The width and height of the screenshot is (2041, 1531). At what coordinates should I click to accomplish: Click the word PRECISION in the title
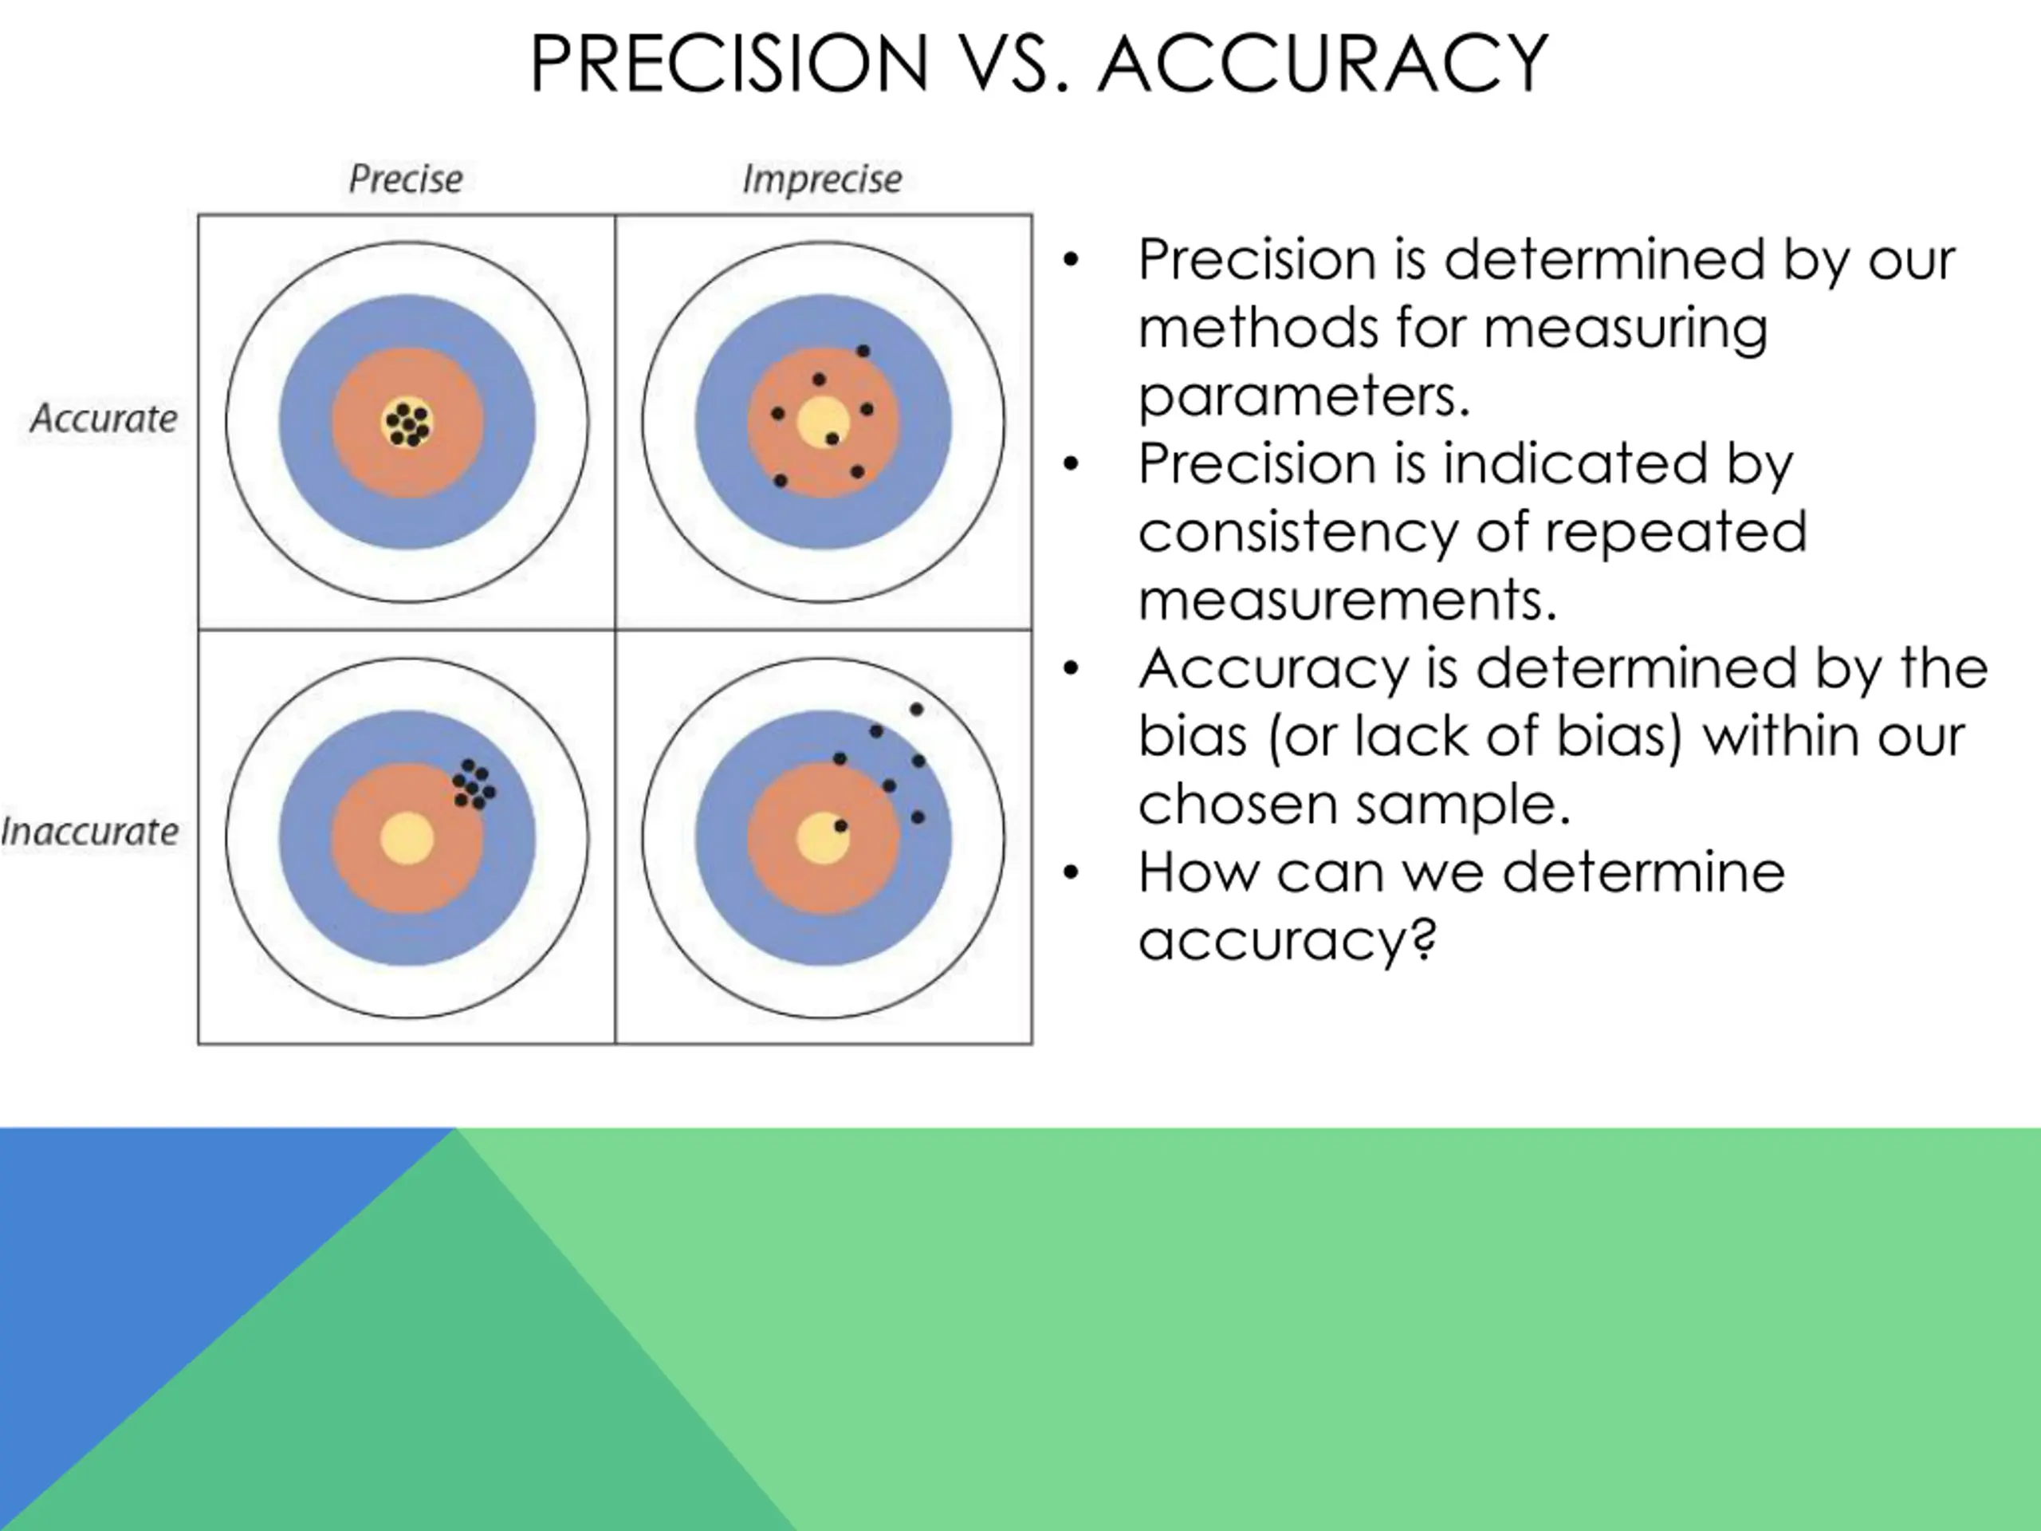pos(728,64)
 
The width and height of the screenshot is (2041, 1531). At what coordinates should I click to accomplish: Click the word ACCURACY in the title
pos(1322,64)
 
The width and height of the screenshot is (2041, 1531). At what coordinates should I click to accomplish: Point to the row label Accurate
pos(104,419)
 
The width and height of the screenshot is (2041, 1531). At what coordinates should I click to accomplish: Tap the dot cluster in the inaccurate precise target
pos(474,785)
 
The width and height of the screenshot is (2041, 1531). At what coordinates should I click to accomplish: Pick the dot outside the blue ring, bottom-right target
pos(916,710)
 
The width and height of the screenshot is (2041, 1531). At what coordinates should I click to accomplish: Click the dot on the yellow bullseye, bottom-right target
pos(840,826)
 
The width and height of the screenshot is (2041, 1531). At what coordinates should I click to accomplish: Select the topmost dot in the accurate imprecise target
pos(863,351)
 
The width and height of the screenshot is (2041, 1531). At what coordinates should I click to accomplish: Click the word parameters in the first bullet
pos(1303,397)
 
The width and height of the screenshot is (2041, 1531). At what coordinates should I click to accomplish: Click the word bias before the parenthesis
pos(1192,737)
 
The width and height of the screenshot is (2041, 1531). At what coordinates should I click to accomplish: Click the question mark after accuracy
pos(1425,939)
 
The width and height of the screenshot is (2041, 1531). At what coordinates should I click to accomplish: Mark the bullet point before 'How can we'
pos(1070,872)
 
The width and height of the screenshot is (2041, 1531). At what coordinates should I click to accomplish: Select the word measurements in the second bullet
pos(1347,600)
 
